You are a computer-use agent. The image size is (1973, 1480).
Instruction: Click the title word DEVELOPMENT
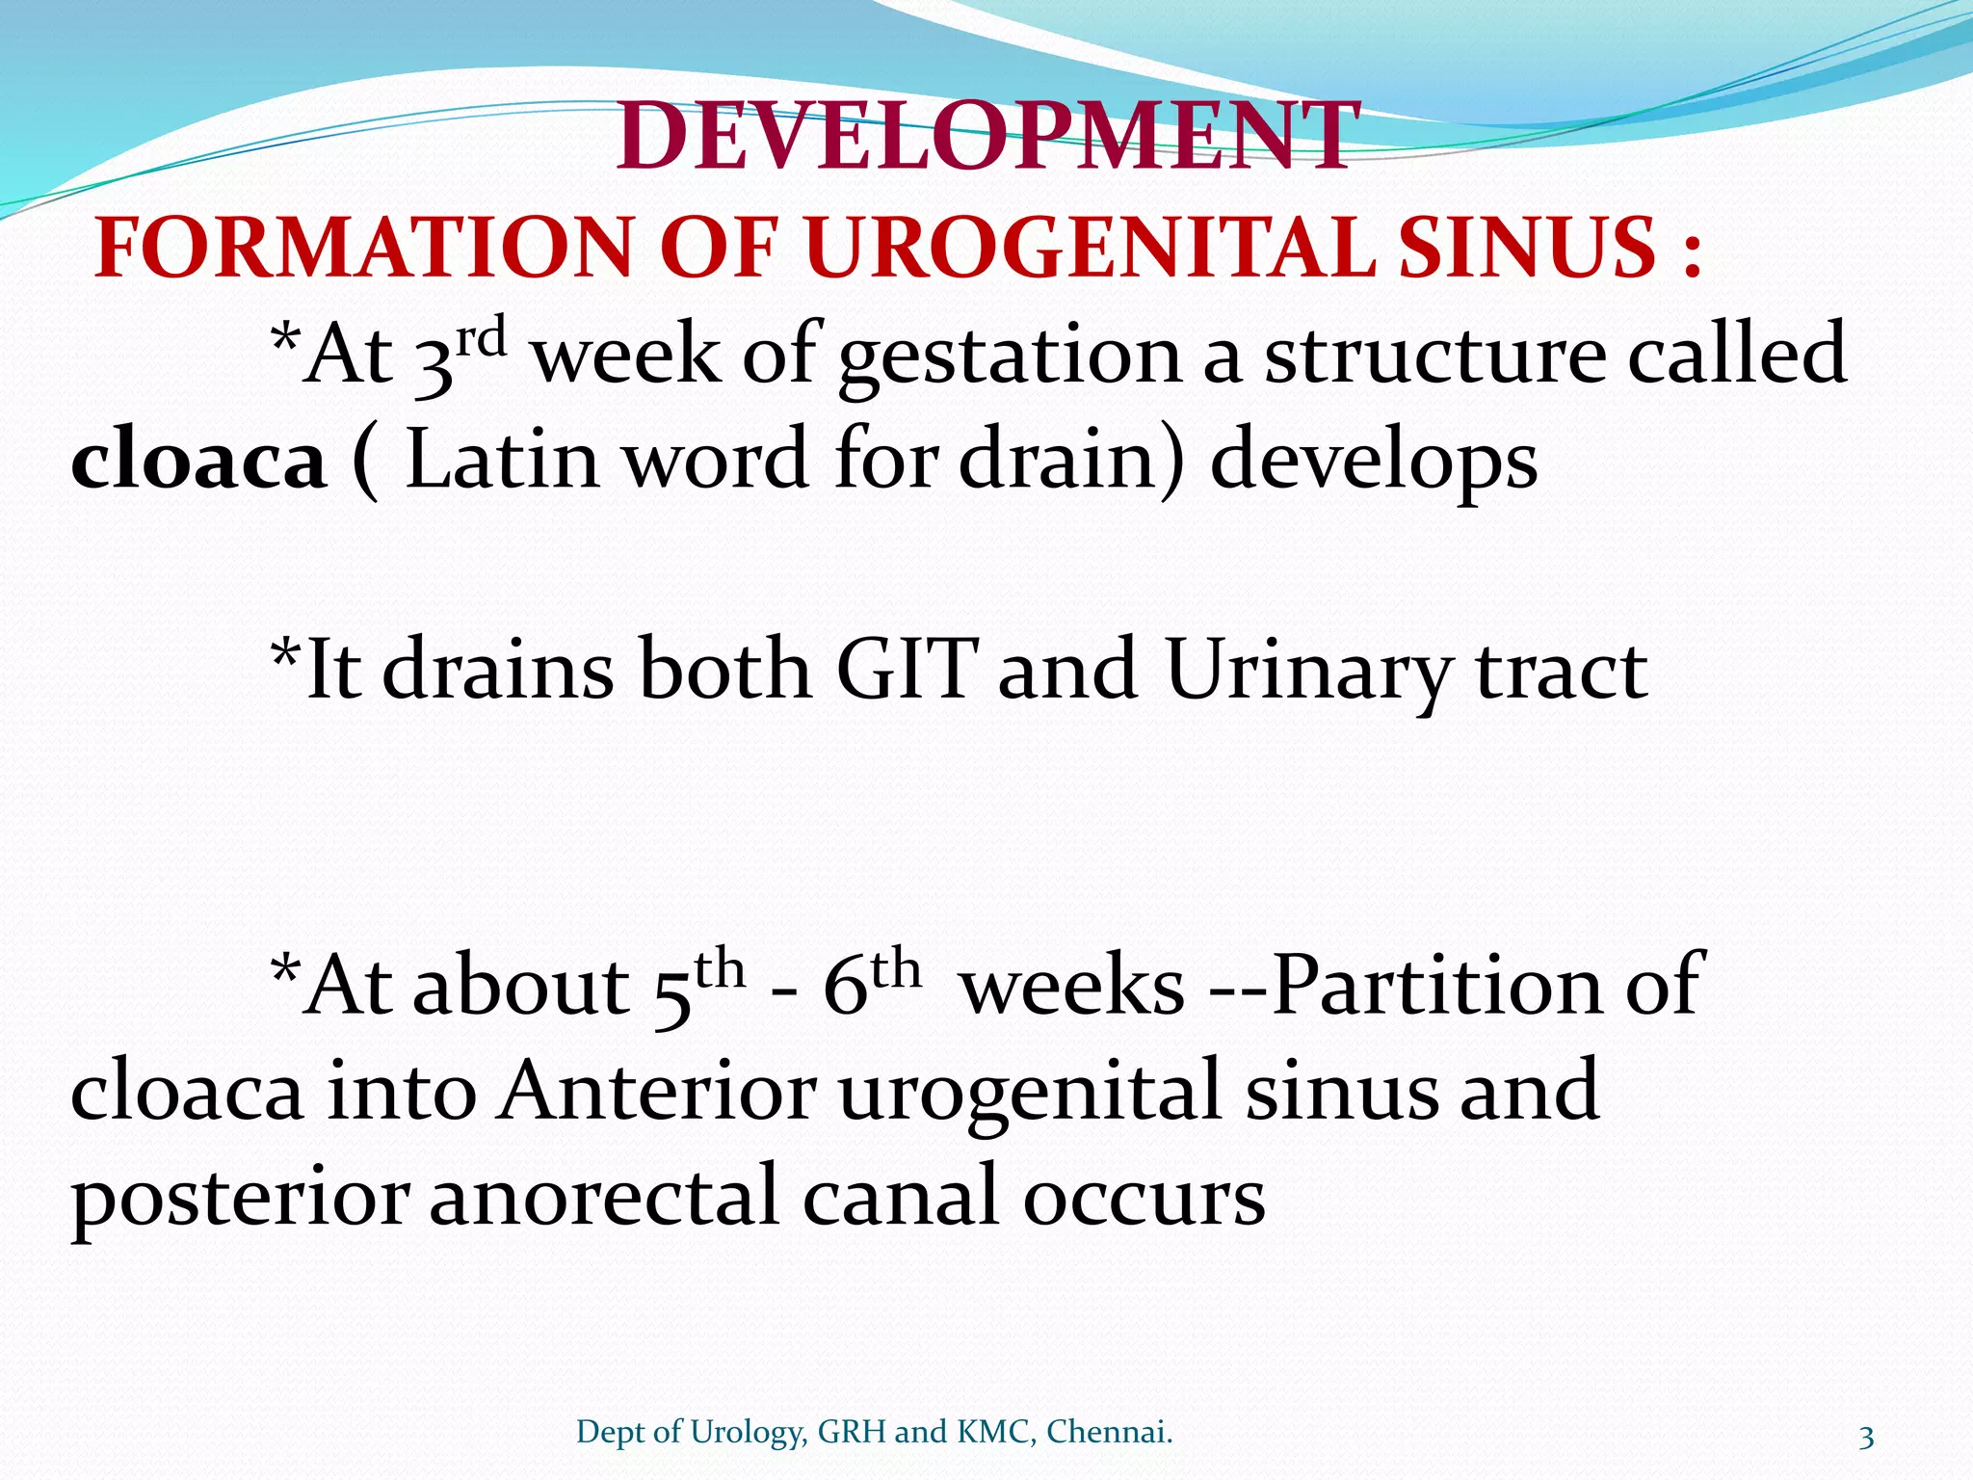987,138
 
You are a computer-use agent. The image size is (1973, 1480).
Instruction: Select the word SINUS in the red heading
1527,249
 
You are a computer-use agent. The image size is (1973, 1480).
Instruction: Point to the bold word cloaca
198,461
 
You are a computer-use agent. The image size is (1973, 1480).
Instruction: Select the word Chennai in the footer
1108,1433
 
